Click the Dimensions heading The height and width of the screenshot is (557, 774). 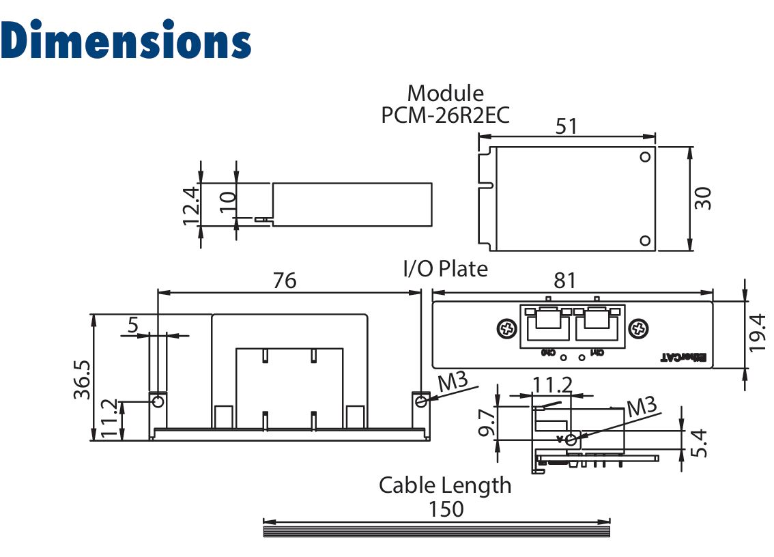pos(126,40)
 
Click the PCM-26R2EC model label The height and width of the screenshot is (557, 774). pos(445,115)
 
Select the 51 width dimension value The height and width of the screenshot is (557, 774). pos(567,126)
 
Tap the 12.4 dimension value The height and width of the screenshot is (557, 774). pos(191,205)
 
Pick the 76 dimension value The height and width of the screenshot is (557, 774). pos(285,280)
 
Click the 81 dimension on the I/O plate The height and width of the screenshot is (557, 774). pos(565,280)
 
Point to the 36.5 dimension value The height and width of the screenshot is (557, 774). pos(82,377)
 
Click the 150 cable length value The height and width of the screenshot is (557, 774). pos(445,509)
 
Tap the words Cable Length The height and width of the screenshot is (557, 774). pos(445,485)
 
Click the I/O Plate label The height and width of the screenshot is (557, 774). pos(445,269)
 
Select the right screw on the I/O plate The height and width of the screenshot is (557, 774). pos(638,328)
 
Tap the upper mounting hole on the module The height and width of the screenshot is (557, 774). pos(645,157)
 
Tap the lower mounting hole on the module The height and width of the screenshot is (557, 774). pos(645,240)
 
